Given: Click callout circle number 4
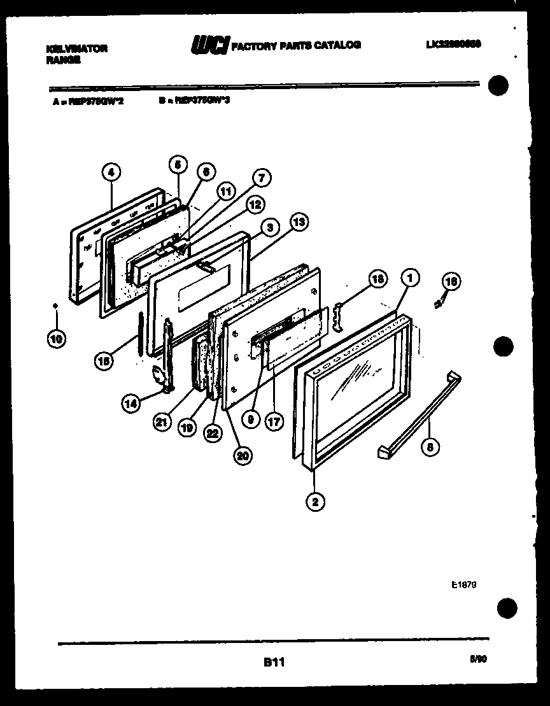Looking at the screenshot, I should click(111, 171).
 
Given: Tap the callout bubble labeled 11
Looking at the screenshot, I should click(225, 190).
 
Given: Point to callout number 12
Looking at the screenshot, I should click(255, 204).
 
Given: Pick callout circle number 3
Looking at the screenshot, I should click(271, 227).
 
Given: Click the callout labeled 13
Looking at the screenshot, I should click(298, 222).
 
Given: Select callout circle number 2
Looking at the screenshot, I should click(314, 502).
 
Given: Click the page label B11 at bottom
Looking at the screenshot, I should click(274, 663).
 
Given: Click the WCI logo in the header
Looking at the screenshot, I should click(209, 45).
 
